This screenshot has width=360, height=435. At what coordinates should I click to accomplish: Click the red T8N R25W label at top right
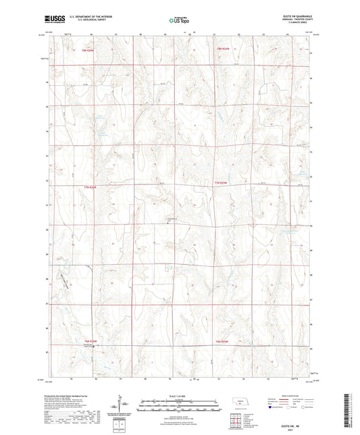pyautogui.click(x=224, y=49)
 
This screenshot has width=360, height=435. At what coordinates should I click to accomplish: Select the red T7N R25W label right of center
pyautogui.click(x=222, y=183)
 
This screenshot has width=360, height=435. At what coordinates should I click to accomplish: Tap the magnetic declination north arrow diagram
pyautogui.click(x=122, y=404)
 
